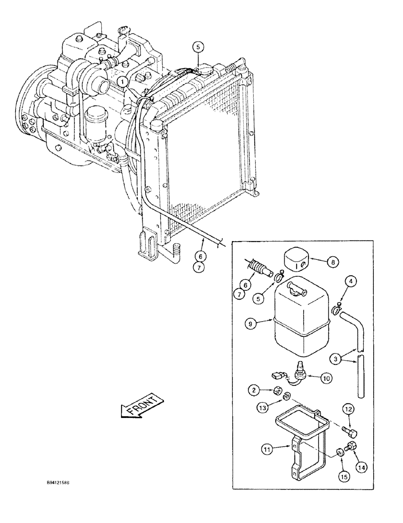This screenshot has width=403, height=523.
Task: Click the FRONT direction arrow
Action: tap(142, 404)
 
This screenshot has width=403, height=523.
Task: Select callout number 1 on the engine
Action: tap(121, 82)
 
